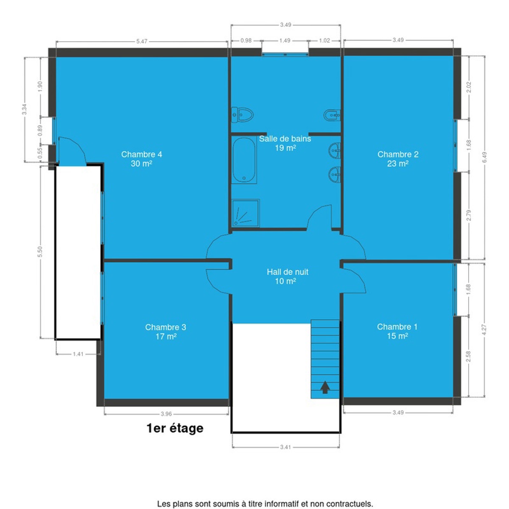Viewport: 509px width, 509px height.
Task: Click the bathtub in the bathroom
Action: pyautogui.click(x=244, y=160)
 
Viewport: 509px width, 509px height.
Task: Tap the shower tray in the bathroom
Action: pyautogui.click(x=246, y=213)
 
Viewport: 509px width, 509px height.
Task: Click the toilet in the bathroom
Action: pyautogui.click(x=243, y=115)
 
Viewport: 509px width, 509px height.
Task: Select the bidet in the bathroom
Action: pyautogui.click(x=332, y=115)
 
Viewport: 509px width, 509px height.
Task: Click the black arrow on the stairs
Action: pyautogui.click(x=325, y=388)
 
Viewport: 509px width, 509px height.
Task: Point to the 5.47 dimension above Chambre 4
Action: pyautogui.click(x=142, y=42)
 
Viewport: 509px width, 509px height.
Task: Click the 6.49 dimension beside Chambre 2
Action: pyautogui.click(x=484, y=157)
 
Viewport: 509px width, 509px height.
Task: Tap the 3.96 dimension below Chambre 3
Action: pyautogui.click(x=166, y=414)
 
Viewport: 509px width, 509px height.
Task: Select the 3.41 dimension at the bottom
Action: pyautogui.click(x=285, y=447)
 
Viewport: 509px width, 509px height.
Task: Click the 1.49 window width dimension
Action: pyautogui.click(x=285, y=40)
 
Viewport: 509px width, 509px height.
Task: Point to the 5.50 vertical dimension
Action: pyautogui.click(x=40, y=252)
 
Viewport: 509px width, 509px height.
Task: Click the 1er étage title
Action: pyautogui.click(x=175, y=428)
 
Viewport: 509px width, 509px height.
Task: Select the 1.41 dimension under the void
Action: pyautogui.click(x=78, y=354)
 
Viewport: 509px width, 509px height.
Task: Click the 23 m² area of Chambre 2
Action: pyautogui.click(x=398, y=164)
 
